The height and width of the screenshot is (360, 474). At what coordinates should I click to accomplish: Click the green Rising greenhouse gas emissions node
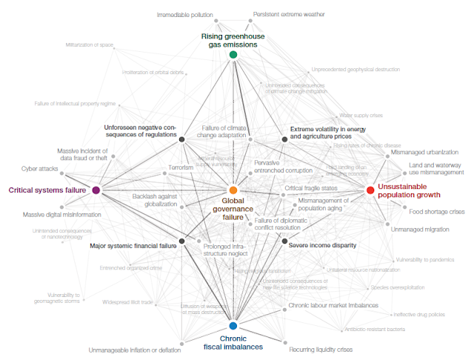[x=233, y=55]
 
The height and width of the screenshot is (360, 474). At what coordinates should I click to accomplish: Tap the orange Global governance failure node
[x=233, y=190]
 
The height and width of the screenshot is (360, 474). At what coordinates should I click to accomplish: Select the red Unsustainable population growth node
[x=370, y=190]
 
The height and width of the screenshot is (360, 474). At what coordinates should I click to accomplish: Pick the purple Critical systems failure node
[x=96, y=190]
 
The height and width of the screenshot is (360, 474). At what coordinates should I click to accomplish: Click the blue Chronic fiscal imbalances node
[x=233, y=326]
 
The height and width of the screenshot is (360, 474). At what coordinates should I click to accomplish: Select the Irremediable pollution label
[x=185, y=14]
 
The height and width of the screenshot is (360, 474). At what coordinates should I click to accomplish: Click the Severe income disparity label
[x=322, y=245]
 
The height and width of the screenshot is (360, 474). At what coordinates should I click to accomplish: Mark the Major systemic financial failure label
[x=133, y=245]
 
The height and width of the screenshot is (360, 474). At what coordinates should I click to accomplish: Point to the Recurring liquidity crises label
[x=321, y=349]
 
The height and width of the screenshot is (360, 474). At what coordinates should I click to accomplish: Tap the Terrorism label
[x=181, y=167]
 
